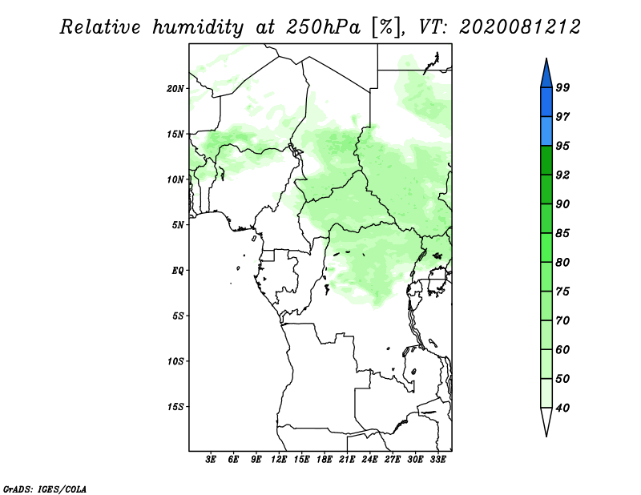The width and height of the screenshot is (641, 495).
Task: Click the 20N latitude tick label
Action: (175, 88)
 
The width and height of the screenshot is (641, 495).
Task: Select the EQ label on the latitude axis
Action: (178, 270)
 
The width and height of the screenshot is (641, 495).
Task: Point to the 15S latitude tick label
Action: (175, 406)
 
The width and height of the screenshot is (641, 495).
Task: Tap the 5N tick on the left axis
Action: (179, 224)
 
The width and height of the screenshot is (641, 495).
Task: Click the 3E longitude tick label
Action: (212, 460)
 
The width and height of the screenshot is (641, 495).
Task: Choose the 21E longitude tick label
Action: (347, 460)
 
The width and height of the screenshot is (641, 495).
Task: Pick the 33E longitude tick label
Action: (437, 460)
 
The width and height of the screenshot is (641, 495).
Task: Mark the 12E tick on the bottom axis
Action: (279, 460)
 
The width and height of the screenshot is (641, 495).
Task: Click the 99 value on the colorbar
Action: (562, 87)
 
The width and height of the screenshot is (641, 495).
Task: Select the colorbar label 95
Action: (562, 146)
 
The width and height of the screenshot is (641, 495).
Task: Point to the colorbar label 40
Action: (562, 408)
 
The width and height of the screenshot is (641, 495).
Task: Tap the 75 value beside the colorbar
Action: (562, 292)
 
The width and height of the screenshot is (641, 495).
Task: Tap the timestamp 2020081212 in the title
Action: (520, 27)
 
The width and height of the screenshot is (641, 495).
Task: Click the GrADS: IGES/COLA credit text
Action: (45, 488)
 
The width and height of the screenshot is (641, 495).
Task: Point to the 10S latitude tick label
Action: (175, 360)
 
